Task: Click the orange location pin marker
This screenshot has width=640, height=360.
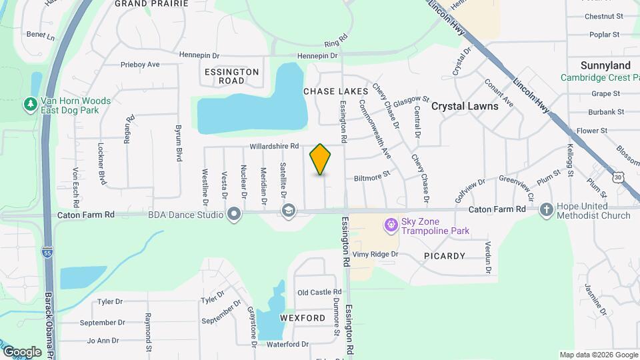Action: click(x=321, y=159)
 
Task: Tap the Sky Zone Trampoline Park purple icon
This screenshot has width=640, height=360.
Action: click(x=391, y=226)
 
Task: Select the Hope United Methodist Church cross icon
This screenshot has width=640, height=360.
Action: click(x=547, y=210)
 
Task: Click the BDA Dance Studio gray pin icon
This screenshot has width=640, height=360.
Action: click(x=234, y=215)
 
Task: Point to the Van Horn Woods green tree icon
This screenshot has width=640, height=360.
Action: click(x=30, y=105)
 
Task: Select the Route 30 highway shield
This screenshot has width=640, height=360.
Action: click(x=619, y=177)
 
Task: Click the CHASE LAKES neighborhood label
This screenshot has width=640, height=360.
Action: click(x=335, y=91)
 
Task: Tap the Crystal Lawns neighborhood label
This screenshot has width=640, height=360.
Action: click(x=465, y=106)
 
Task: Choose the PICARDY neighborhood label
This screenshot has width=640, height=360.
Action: click(x=444, y=256)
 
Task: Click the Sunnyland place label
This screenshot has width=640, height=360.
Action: click(x=605, y=65)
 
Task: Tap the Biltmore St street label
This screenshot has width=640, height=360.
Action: click(x=371, y=178)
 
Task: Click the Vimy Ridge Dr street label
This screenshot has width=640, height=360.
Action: click(x=375, y=254)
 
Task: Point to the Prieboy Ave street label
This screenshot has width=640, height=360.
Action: click(x=140, y=65)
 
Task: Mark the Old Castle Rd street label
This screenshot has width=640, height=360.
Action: click(x=319, y=292)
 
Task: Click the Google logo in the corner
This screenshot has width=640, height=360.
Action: click(x=22, y=352)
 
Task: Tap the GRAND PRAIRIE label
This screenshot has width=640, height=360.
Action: click(x=148, y=3)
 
